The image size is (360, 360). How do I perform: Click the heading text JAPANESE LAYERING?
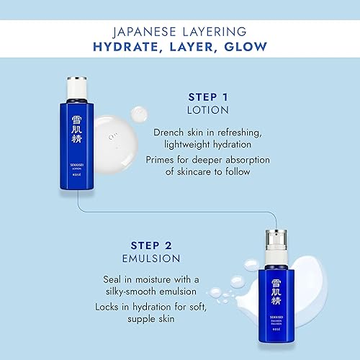tap(179, 31)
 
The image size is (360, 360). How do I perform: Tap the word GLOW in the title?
tap(246, 47)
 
